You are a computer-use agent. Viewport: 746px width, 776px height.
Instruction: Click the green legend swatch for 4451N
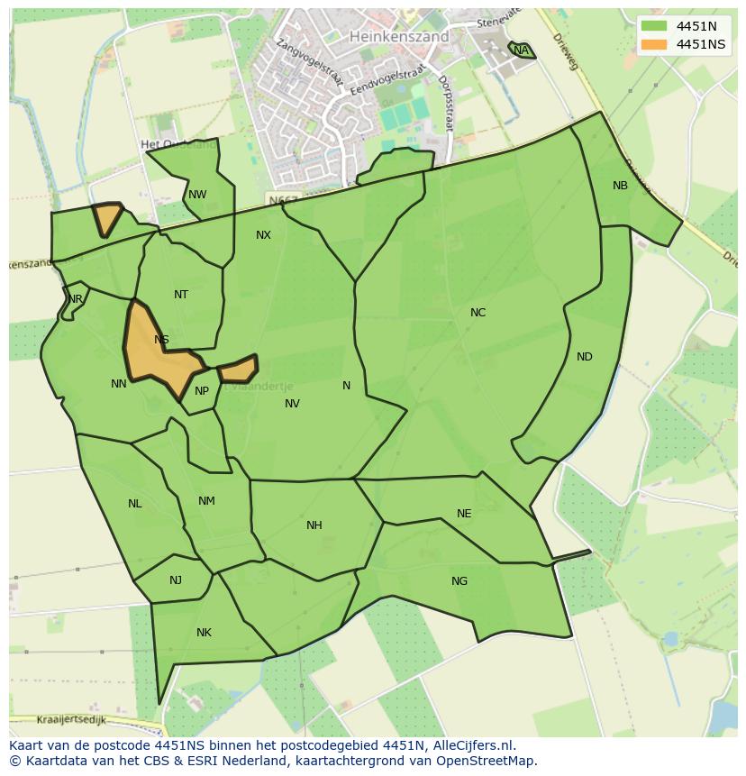[654, 26]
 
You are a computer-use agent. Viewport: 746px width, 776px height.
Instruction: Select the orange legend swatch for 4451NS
[654, 44]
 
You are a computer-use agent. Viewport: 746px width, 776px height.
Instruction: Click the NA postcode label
[521, 50]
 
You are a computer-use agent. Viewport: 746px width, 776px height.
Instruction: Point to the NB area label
[620, 186]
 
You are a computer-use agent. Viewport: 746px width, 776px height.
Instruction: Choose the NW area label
[197, 195]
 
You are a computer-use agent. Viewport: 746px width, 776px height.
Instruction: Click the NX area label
[263, 235]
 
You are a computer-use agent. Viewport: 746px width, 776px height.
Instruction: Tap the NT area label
[181, 295]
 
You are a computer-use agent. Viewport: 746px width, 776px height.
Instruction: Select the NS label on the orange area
[161, 340]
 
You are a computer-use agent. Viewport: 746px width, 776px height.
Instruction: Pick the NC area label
[478, 313]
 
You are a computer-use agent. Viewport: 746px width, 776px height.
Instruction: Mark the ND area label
[585, 357]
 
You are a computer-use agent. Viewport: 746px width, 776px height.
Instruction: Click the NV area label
[292, 404]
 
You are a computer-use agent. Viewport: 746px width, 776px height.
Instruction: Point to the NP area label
[202, 391]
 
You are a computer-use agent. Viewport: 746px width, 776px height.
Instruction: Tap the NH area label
[314, 525]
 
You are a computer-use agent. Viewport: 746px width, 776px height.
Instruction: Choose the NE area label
[464, 514]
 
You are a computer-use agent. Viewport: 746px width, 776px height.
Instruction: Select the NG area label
[459, 581]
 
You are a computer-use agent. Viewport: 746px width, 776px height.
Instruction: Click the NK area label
[204, 633]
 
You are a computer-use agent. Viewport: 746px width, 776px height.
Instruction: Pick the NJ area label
[176, 580]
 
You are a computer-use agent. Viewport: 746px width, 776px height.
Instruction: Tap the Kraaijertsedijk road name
[72, 720]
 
